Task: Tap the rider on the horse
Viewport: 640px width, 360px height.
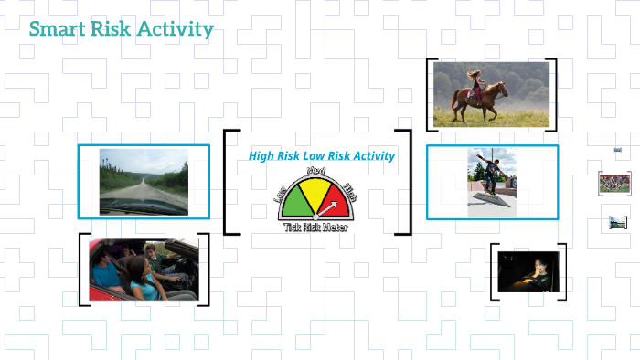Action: pyautogui.click(x=475, y=80)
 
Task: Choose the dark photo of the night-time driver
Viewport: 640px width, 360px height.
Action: pyautogui.click(x=528, y=271)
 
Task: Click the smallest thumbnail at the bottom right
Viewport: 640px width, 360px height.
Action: pyautogui.click(x=618, y=222)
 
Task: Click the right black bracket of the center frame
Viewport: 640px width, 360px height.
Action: pyautogui.click(x=405, y=183)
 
